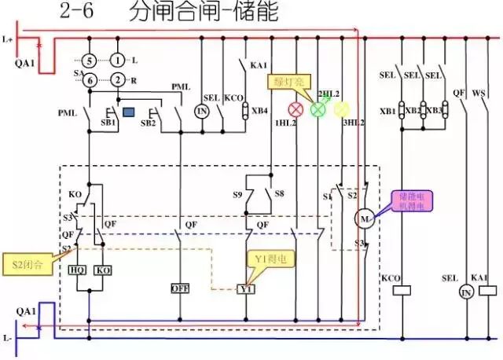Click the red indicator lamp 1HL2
point(298,110)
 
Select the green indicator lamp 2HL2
point(318,110)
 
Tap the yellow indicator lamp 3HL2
point(341,110)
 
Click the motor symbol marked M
point(364,218)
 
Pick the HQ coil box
point(78,270)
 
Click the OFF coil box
point(180,288)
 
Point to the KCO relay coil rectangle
point(402,289)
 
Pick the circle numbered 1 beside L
point(117,60)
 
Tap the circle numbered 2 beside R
point(117,79)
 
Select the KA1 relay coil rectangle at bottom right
point(481,289)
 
